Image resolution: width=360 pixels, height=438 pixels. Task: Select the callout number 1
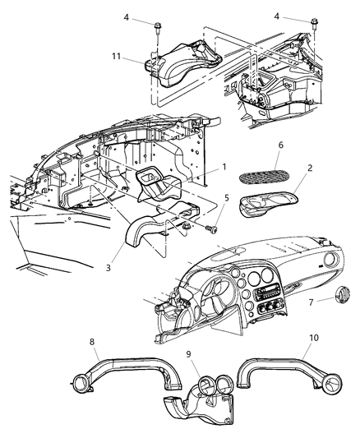(x=223, y=167)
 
